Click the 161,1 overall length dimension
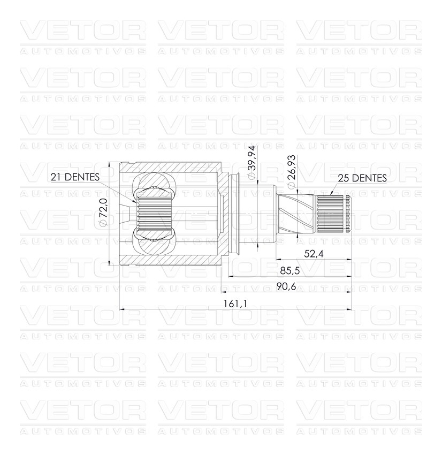235,304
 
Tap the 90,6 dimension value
286,286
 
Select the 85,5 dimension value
289,271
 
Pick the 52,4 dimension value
314,254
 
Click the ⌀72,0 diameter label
103,212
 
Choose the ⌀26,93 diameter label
291,171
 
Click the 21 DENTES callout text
75,177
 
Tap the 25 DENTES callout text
362,178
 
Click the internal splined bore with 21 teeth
155,214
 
